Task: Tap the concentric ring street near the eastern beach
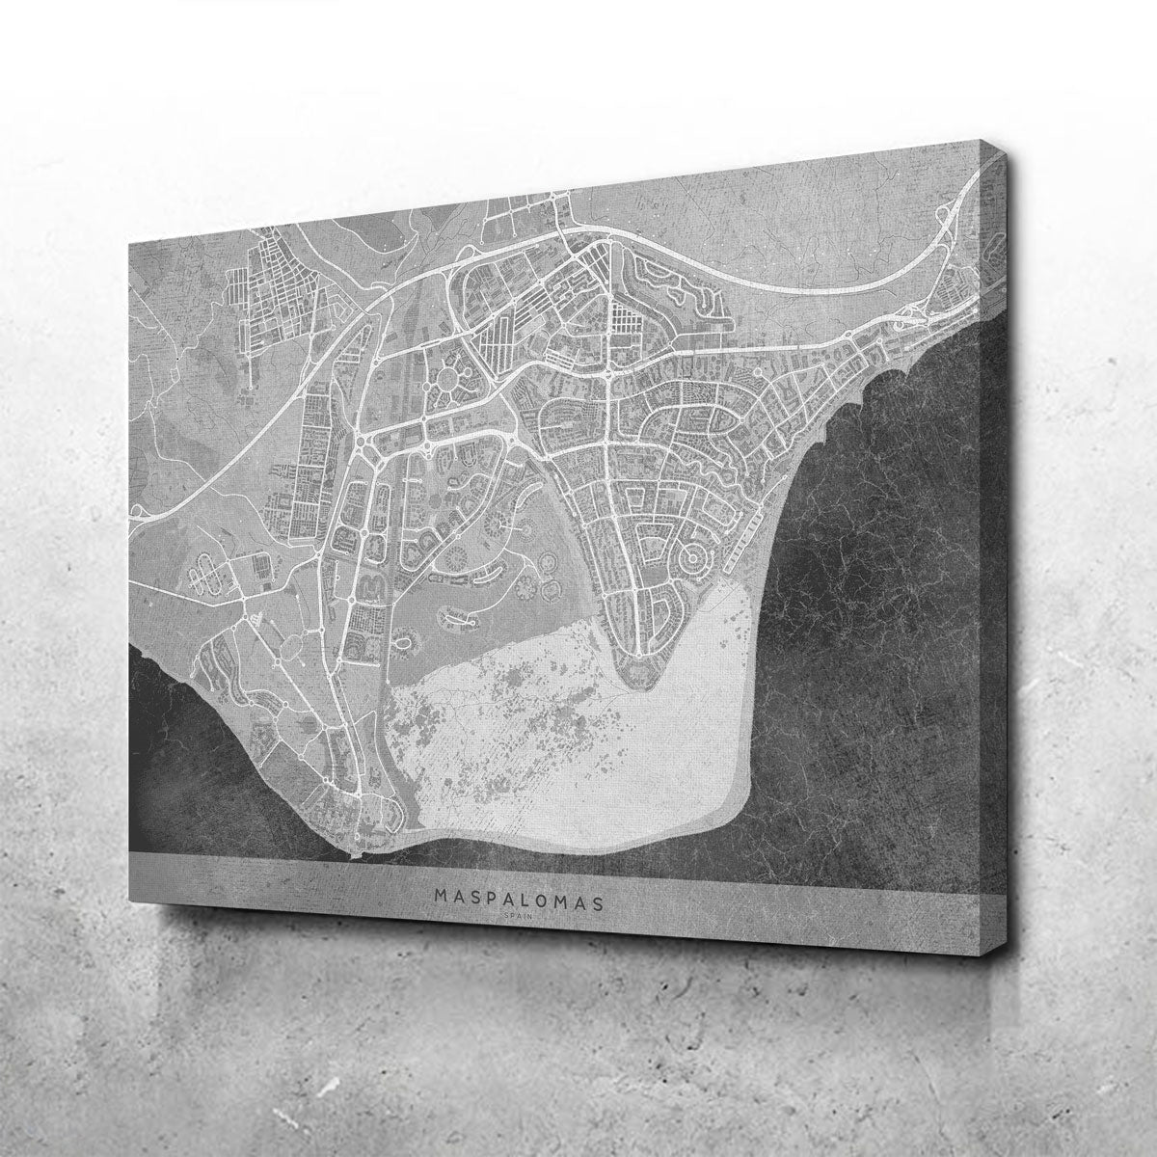[691, 556]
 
